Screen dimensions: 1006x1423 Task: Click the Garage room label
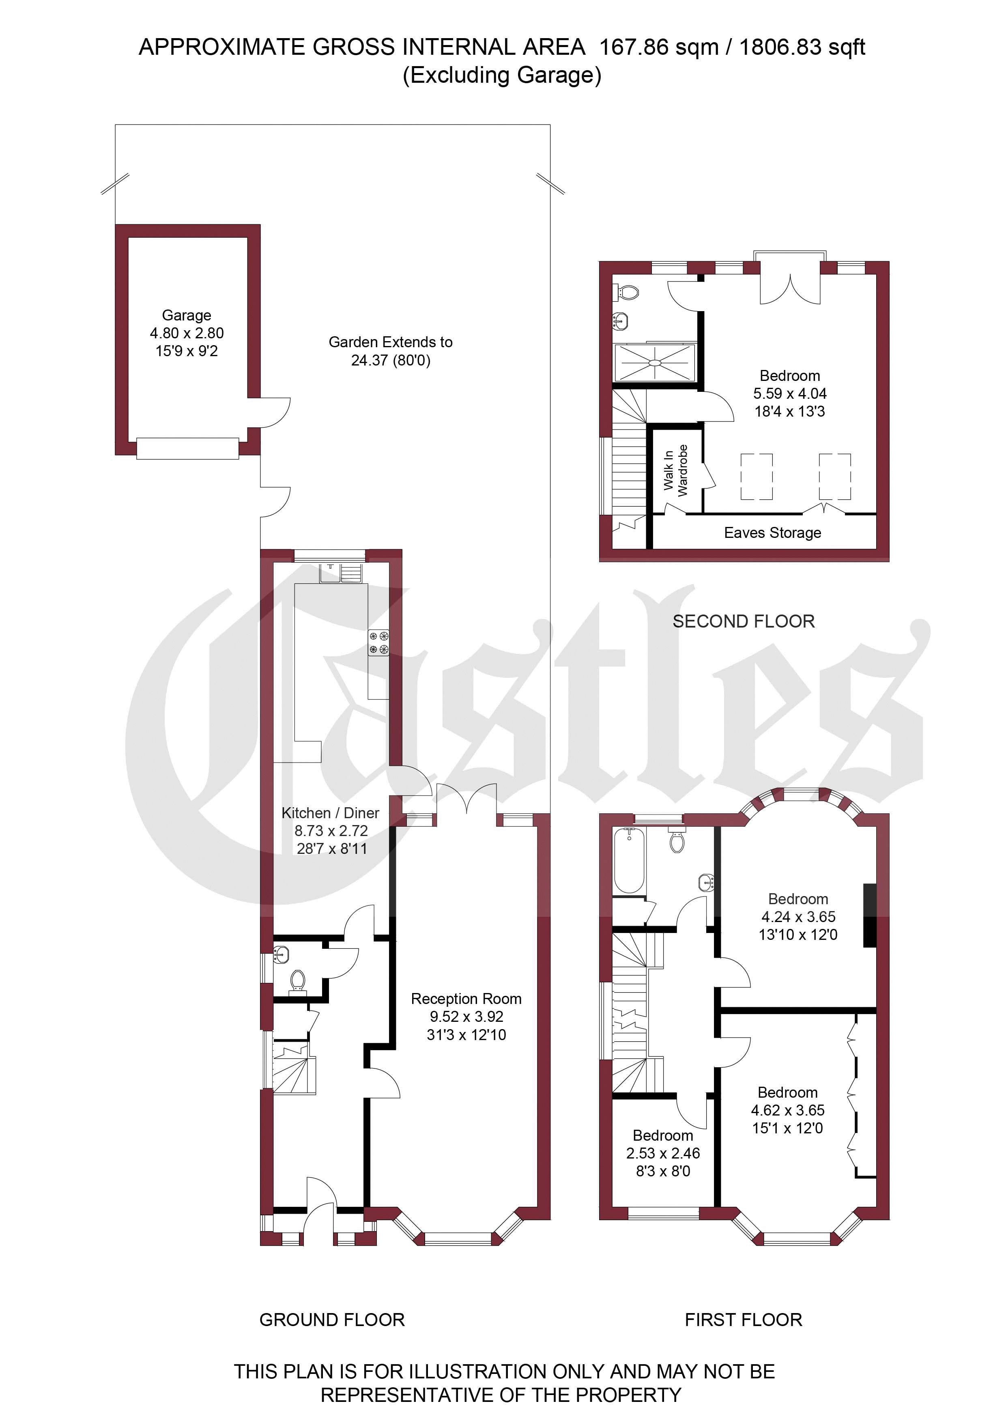187,316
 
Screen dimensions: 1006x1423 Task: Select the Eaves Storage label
772,533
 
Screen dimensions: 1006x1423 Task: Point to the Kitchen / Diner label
330,813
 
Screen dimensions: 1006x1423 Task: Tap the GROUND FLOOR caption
332,1320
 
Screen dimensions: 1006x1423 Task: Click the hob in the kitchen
379,642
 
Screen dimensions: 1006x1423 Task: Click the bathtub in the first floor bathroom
629,861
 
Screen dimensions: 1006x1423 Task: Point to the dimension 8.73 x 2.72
331,831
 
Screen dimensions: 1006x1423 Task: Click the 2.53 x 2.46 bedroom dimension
662,1153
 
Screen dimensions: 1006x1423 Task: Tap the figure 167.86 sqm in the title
659,47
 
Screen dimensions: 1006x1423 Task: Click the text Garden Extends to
391,342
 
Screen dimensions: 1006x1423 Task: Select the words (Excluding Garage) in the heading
502,75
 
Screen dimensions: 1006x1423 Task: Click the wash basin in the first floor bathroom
706,882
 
